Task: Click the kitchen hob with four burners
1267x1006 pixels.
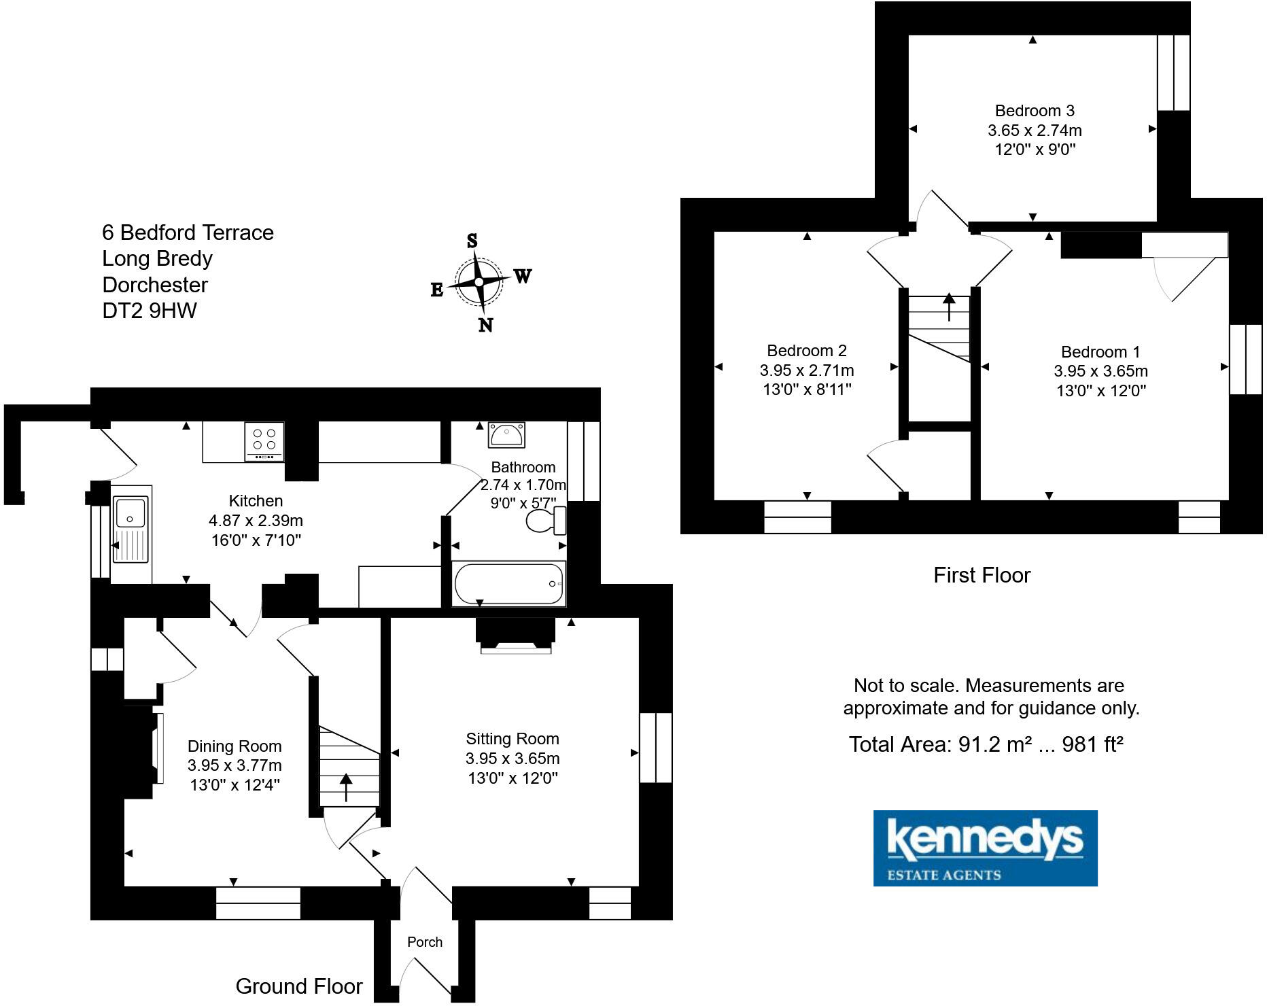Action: coord(264,442)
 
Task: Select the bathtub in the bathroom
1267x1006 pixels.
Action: coord(508,583)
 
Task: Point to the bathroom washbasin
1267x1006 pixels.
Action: coord(506,435)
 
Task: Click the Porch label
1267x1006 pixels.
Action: coord(425,942)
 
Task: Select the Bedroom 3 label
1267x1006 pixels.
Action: coord(1035,111)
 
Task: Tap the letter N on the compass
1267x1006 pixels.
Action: coord(485,325)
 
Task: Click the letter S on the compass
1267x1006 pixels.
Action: coord(472,241)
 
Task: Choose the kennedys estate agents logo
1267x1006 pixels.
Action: coord(985,848)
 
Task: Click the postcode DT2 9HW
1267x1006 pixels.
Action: coord(150,311)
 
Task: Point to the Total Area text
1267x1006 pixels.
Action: coord(986,744)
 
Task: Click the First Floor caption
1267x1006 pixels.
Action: coord(982,575)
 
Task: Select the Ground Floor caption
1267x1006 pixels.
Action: coord(299,986)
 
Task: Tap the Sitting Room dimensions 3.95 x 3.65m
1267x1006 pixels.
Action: coord(513,759)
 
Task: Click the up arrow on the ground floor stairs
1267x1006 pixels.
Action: coord(346,786)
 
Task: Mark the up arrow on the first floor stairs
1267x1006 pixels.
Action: coord(948,306)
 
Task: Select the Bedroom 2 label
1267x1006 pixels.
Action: coord(807,351)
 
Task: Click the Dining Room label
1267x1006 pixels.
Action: coord(235,746)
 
